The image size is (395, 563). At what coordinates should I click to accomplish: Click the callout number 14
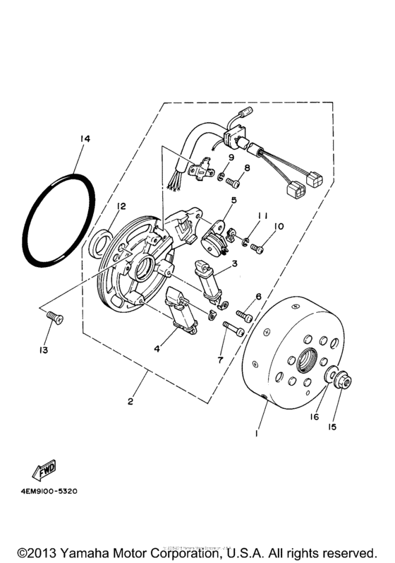(85, 139)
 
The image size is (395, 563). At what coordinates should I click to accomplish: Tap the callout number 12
(121, 206)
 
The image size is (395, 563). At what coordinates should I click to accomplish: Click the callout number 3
(234, 263)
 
